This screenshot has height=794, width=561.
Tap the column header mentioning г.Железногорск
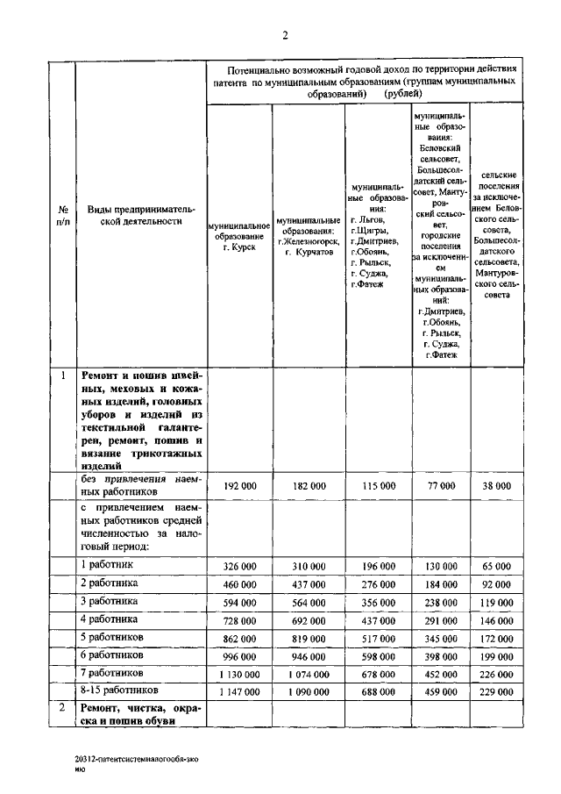pos(309,235)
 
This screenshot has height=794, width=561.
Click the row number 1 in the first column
pos(63,376)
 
